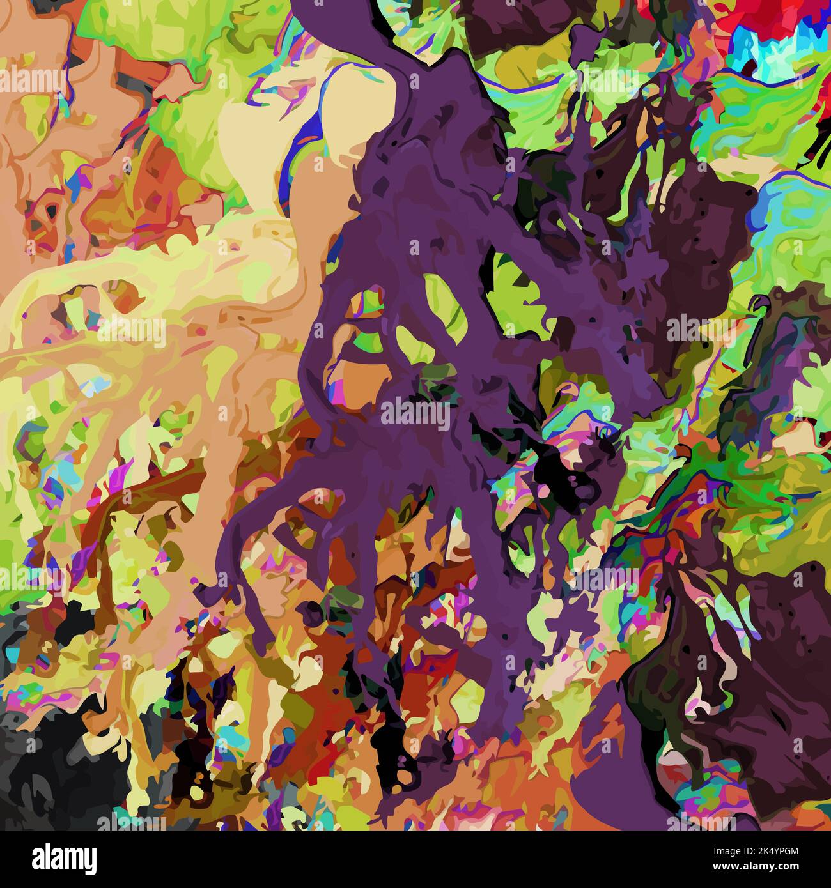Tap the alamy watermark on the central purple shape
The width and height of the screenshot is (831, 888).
[x=415, y=414]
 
